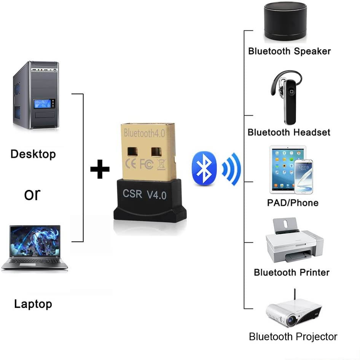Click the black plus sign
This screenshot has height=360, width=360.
point(100,169)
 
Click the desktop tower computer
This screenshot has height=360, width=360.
point(36,95)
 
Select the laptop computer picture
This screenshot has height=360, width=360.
point(35,247)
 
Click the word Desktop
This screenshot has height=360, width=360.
point(33,154)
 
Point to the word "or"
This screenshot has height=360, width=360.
point(32,194)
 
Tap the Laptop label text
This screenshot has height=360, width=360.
point(33,304)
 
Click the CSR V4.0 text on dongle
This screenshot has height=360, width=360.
point(145,194)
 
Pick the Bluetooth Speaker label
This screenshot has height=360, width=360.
point(289,51)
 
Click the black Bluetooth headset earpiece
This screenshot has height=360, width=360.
point(288,97)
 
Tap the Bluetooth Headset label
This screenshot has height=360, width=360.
point(289,132)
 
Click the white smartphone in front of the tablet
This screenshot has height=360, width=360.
point(303,176)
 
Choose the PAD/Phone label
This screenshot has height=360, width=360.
point(293,202)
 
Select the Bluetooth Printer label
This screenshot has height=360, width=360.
point(292,272)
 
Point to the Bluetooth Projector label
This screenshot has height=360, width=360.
point(293,337)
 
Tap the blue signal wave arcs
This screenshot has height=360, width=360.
point(232,169)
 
